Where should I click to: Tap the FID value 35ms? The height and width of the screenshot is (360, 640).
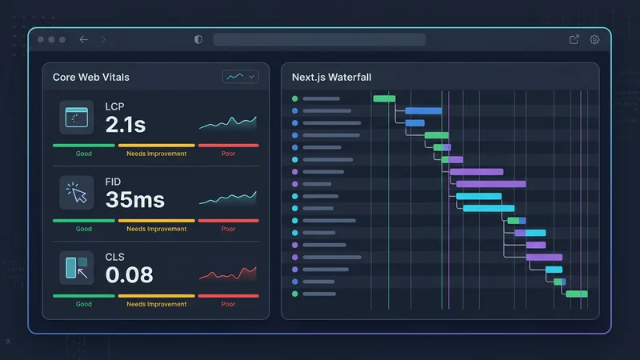click(x=134, y=199)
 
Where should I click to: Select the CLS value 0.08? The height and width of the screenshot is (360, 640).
click(x=129, y=274)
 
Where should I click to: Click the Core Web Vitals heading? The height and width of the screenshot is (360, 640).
click(x=91, y=77)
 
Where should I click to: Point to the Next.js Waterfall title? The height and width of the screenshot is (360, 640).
click(x=331, y=77)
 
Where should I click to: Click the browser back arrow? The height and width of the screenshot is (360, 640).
click(x=84, y=40)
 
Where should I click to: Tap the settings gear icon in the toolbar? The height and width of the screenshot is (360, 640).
click(x=594, y=40)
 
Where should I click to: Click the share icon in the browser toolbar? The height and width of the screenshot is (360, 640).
click(x=574, y=40)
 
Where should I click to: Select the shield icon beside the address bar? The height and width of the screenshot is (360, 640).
click(x=198, y=40)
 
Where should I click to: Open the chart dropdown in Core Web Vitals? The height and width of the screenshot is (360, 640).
click(x=240, y=77)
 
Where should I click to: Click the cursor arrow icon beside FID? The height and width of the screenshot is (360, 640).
click(x=77, y=193)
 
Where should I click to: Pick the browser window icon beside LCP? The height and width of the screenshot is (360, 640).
click(x=77, y=118)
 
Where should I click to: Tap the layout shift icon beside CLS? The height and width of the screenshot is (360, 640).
click(x=77, y=267)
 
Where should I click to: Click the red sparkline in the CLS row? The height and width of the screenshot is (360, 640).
click(x=228, y=274)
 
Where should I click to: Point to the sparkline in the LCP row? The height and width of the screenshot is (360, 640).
click(x=228, y=122)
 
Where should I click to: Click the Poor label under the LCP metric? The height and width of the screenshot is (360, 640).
click(x=228, y=154)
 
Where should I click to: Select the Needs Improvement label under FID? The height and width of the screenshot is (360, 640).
click(x=156, y=229)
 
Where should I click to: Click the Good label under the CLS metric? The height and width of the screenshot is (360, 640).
click(x=84, y=304)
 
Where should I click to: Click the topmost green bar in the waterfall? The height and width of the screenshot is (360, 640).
click(x=384, y=98)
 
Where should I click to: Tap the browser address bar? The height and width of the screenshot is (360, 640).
click(x=319, y=40)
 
